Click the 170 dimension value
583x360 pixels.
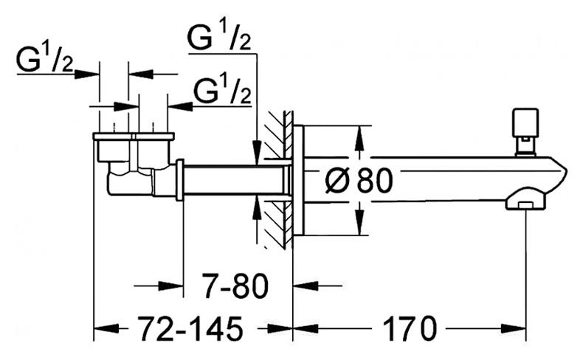coord(410,328)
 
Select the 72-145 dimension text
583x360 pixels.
coord(190,328)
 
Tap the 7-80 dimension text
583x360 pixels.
coord(235,286)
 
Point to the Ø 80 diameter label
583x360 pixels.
coord(359,180)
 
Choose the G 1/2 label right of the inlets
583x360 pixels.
coord(222,90)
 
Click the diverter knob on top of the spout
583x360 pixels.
coord(525,132)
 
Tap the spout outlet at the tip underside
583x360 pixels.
coord(525,204)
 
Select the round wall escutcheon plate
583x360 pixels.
coord(298,181)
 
